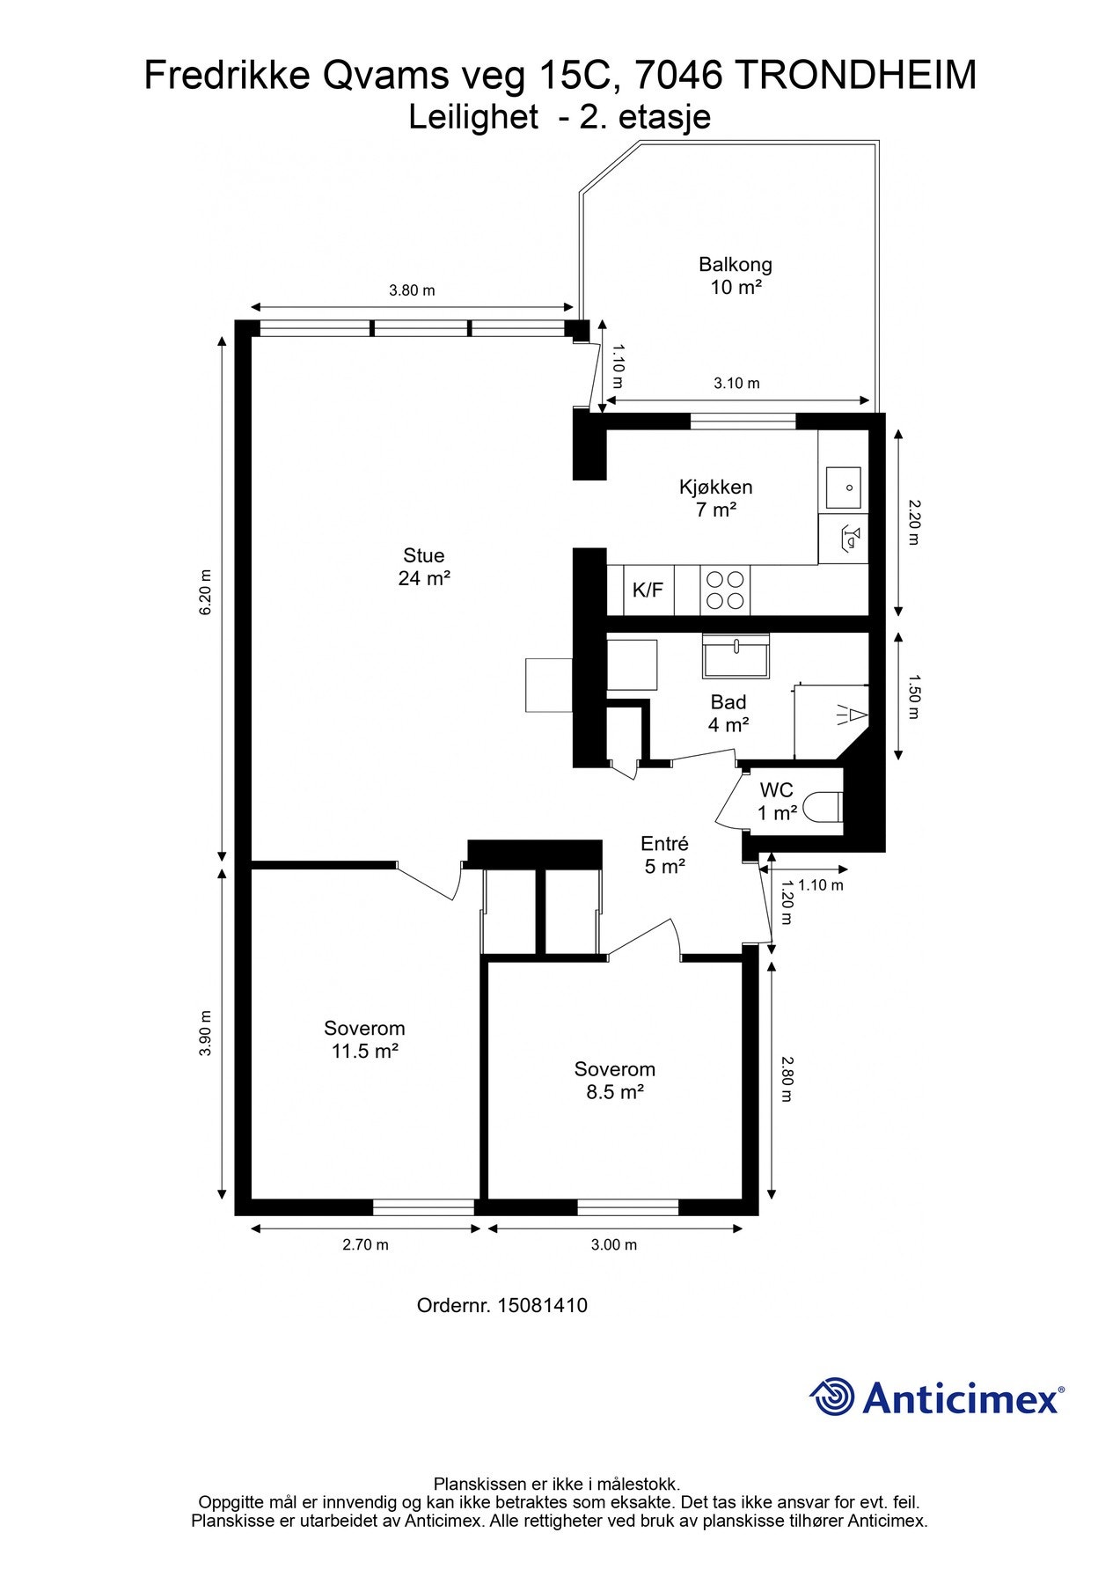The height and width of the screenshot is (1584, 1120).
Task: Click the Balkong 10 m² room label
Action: coord(736,275)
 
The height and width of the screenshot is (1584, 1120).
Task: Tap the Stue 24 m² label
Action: coord(424,567)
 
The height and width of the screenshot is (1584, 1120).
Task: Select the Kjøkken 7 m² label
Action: coord(715,498)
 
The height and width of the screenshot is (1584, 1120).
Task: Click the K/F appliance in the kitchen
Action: coord(648,590)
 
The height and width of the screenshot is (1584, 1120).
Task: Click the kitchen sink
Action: coord(843,485)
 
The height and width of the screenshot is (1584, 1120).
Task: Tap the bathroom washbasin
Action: coord(736,656)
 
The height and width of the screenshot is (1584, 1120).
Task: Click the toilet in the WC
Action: coord(824,806)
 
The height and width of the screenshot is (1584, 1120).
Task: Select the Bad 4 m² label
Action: coord(728,714)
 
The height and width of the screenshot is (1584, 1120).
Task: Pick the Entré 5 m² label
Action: coord(664,854)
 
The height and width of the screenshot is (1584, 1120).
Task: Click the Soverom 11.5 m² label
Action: coord(364,1039)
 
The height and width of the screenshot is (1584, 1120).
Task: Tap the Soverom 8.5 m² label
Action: coord(615,1081)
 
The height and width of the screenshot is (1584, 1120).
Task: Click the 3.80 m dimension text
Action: coord(412,290)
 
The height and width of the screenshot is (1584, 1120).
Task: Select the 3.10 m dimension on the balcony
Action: coord(736,383)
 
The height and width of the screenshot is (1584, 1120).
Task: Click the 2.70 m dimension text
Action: coord(365,1244)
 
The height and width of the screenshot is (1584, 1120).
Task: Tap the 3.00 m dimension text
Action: coord(614,1244)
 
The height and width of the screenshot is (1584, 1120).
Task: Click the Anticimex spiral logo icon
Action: coord(832,1397)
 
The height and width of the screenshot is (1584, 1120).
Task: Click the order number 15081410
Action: coord(542,1305)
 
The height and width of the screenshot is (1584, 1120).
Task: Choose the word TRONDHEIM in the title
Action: coord(854,76)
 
